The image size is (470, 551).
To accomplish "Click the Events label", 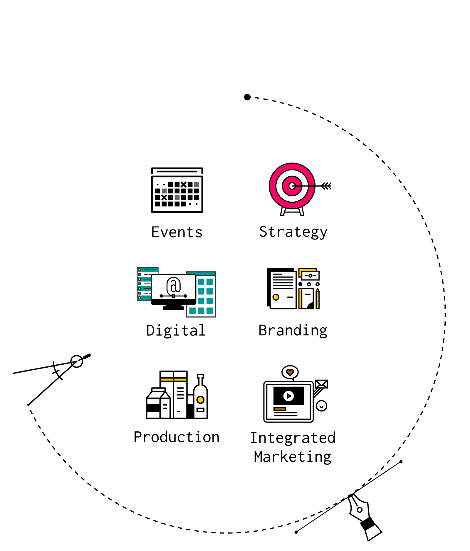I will click(177, 232).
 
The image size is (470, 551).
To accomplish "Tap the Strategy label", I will click(293, 232).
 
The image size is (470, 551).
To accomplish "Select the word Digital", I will click(176, 330).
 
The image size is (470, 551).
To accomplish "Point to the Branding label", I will click(293, 331).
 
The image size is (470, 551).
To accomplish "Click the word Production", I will click(177, 437).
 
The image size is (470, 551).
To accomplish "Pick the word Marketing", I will click(293, 457).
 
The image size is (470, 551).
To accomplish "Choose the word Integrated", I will click(293, 438).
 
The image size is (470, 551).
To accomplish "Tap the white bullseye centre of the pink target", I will click(292, 186).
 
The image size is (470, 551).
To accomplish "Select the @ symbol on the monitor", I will click(174, 285).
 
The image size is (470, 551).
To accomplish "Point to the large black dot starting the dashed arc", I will click(247, 97).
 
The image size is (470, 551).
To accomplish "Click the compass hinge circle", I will click(77, 361).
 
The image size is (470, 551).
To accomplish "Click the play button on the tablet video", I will click(288, 396).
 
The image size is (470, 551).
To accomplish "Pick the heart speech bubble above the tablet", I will click(290, 372).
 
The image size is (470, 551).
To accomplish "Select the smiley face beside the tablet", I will click(321, 406).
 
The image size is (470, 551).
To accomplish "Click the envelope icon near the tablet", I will click(321, 384).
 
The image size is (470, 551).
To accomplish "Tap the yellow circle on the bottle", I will click(200, 400).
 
